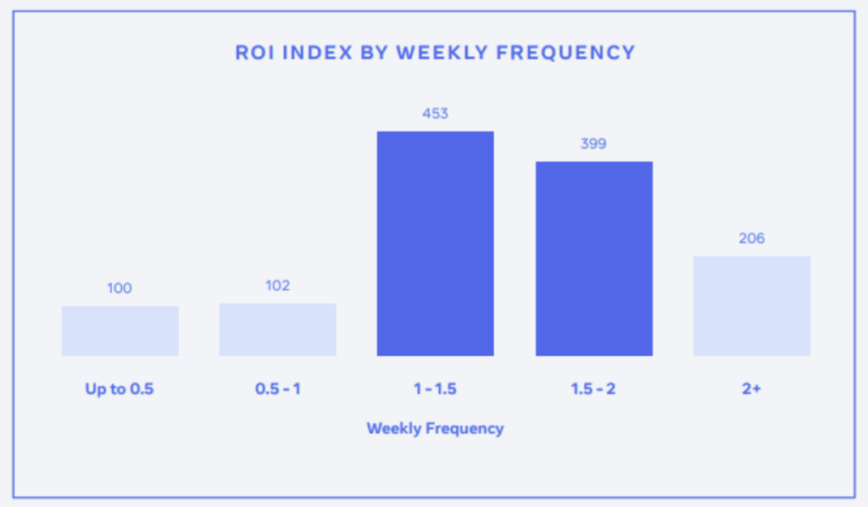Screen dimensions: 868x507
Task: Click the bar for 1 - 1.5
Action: (435, 243)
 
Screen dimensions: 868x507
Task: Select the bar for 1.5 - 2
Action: (594, 259)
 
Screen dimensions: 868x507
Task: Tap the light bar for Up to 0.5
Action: (120, 331)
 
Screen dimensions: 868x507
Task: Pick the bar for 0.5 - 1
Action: (277, 329)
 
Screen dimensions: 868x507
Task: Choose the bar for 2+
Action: (752, 306)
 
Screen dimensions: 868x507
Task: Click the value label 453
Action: (435, 114)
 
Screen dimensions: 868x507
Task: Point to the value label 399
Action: (593, 144)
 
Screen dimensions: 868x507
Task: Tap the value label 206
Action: (752, 238)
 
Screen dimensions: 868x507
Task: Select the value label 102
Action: (277, 286)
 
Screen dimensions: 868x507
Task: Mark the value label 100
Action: (119, 288)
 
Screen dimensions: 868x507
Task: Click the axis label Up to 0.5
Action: (119, 389)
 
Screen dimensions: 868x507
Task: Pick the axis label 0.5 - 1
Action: (277, 389)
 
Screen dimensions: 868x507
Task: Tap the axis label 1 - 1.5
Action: (435, 389)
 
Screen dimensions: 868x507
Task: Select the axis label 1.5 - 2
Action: (593, 389)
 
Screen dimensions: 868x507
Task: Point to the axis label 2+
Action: (751, 389)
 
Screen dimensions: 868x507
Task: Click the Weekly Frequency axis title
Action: (435, 428)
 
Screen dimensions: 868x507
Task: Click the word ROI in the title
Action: (255, 53)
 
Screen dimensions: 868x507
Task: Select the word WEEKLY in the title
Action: (442, 53)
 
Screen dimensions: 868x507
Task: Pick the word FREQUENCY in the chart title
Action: (565, 53)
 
